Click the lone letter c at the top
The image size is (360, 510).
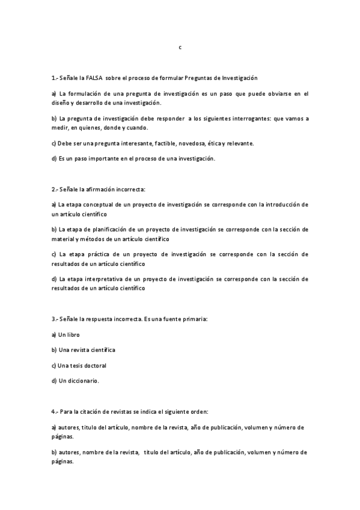[x=180, y=46]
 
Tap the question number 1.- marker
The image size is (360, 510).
[x=55, y=78]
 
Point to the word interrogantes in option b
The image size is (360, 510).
[x=240, y=118]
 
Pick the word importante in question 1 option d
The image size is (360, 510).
[x=115, y=158]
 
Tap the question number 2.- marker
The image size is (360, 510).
[x=55, y=189]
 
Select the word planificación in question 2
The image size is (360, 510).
[x=105, y=229]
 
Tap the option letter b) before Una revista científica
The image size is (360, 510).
[x=55, y=349]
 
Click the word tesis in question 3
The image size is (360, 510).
[x=76, y=365]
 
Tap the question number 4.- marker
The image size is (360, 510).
[x=55, y=411]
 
